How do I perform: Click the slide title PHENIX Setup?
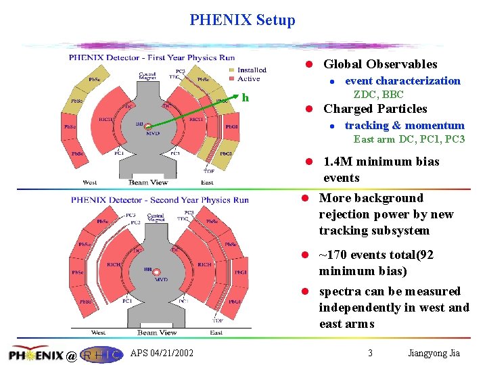point(242,20)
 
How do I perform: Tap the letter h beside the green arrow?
point(246,98)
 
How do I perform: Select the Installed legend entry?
point(251,70)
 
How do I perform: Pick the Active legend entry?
point(248,79)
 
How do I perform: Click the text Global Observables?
point(380,64)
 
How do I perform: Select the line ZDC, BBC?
point(378,95)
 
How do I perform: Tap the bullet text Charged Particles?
point(375,109)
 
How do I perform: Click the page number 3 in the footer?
point(370,353)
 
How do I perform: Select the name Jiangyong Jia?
point(436,353)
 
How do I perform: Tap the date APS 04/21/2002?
point(162,353)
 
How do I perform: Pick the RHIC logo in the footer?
point(101,354)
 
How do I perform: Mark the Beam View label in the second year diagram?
point(157,332)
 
